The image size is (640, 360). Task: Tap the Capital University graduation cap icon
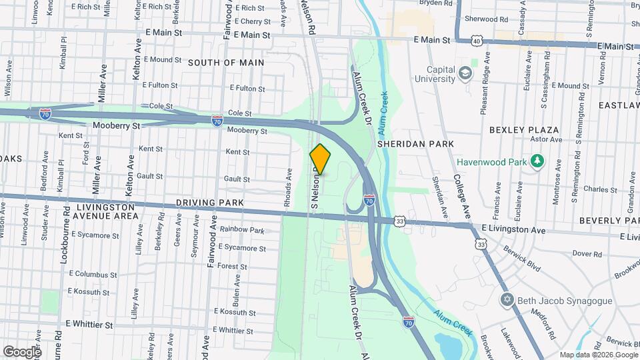pyautogui.click(x=465, y=73)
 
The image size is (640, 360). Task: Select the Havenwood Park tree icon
pyautogui.click(x=536, y=161)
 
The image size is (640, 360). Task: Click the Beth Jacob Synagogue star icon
pyautogui.click(x=508, y=301)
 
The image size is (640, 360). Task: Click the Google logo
pyautogui.click(x=21, y=351)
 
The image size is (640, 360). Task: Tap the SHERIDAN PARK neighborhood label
pyautogui.click(x=415, y=143)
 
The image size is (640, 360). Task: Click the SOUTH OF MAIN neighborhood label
pyautogui.click(x=225, y=63)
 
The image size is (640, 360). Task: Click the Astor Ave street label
pyautogui.click(x=546, y=139)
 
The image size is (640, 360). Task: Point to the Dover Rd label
pyautogui.click(x=587, y=253)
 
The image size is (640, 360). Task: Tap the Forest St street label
pyautogui.click(x=232, y=267)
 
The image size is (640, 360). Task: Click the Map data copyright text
pyautogui.click(x=598, y=355)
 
